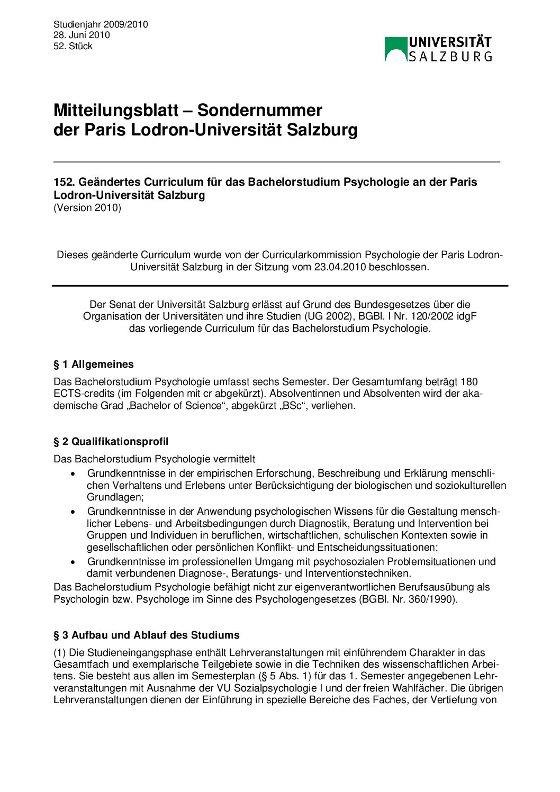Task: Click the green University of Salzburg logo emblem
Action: [x=395, y=49]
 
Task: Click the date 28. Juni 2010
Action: [x=82, y=35]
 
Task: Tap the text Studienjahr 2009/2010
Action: [x=101, y=24]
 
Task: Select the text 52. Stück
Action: [x=73, y=46]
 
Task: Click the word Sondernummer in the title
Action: [x=260, y=110]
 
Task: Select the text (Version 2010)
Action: [x=87, y=207]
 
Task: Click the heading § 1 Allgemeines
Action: [x=94, y=364]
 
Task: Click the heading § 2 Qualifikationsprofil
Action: [x=111, y=441]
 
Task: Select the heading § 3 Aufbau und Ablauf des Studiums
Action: [x=147, y=635]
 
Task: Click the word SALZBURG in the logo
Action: [x=450, y=56]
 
